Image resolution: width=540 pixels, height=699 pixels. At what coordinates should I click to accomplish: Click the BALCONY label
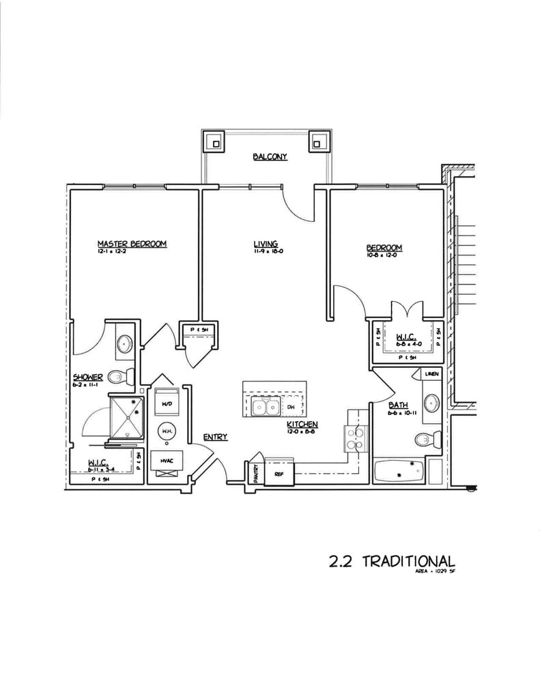click(x=270, y=157)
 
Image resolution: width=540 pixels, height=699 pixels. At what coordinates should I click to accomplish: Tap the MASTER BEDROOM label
click(x=132, y=244)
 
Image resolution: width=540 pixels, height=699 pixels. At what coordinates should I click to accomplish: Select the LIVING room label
click(x=265, y=244)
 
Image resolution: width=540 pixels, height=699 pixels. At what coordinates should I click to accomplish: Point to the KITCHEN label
click(x=302, y=424)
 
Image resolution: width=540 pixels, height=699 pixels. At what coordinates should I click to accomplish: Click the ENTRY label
click(x=215, y=437)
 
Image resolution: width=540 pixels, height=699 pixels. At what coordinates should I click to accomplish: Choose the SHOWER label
click(x=88, y=377)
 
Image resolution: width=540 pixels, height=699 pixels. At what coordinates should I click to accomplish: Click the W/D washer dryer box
click(x=166, y=404)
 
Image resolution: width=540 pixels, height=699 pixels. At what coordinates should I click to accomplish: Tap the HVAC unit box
click(x=166, y=461)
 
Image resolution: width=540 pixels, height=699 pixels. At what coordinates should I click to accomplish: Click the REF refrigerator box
click(x=279, y=472)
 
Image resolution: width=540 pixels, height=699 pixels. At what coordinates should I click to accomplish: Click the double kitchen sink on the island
click(x=265, y=408)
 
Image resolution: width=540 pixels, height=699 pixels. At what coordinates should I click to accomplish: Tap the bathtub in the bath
click(x=399, y=470)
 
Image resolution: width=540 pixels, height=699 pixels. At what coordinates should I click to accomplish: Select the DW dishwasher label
click(x=290, y=408)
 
